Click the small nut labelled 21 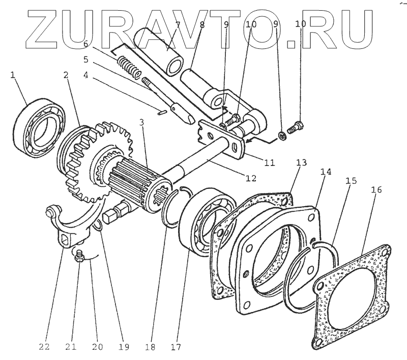pyautogui.click(x=79, y=258)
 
